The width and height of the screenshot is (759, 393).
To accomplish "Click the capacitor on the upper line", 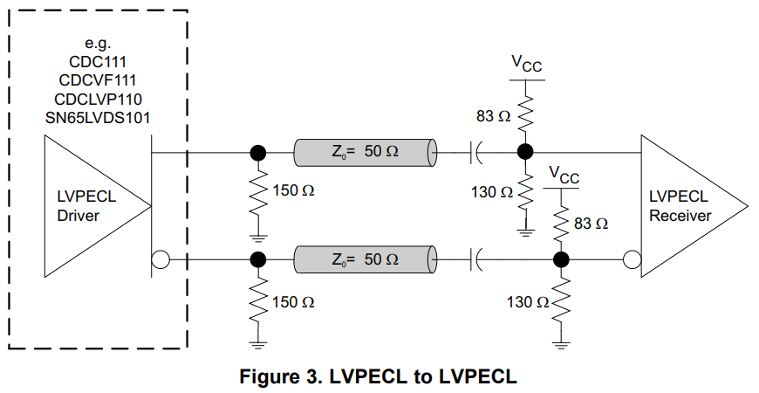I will (477, 152).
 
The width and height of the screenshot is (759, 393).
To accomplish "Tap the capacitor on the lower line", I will (477, 259).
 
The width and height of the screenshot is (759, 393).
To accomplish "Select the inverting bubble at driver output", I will (160, 259).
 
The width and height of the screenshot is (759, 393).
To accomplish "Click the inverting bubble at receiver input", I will (632, 259).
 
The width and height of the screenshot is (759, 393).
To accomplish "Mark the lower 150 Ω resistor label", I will (293, 302).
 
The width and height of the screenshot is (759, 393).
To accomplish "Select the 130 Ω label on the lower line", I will (528, 302).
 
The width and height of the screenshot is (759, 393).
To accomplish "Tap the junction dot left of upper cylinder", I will (257, 152).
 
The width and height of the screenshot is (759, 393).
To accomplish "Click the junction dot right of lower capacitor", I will (562, 259).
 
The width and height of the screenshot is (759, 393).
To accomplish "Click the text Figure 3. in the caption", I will (275, 376).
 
